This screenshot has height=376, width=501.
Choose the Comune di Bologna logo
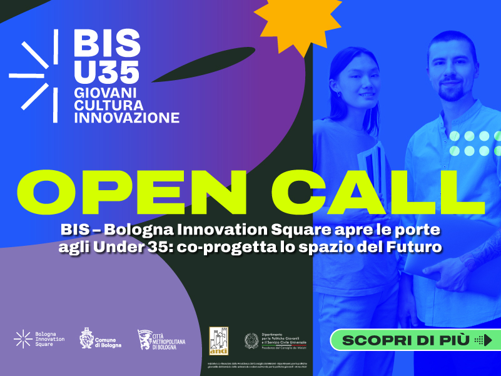tap(101, 339)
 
